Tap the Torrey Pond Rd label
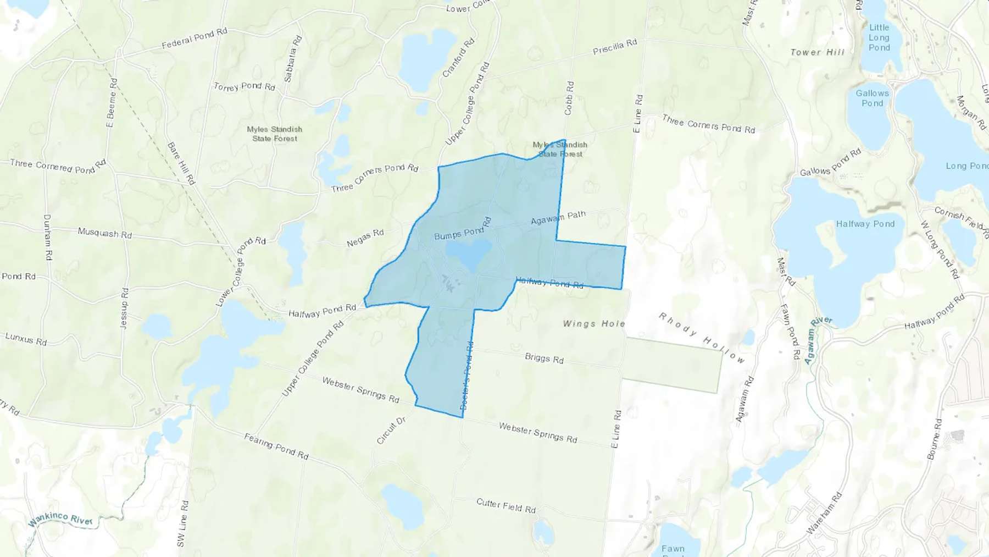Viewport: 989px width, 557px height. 244,86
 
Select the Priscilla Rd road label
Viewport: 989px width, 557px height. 615,47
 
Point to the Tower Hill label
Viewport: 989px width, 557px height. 817,52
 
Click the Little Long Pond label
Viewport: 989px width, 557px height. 879,37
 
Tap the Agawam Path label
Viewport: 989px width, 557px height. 558,218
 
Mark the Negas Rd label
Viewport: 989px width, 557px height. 365,238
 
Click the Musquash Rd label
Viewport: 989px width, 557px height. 104,233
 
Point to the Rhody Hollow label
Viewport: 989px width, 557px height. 702,338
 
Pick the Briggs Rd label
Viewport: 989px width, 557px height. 544,358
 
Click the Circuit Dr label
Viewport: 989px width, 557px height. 391,430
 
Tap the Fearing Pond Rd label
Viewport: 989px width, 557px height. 276,446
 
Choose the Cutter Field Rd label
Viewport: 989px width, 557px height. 505,505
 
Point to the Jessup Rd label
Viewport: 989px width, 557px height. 124,308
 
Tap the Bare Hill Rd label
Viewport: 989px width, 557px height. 181,163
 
